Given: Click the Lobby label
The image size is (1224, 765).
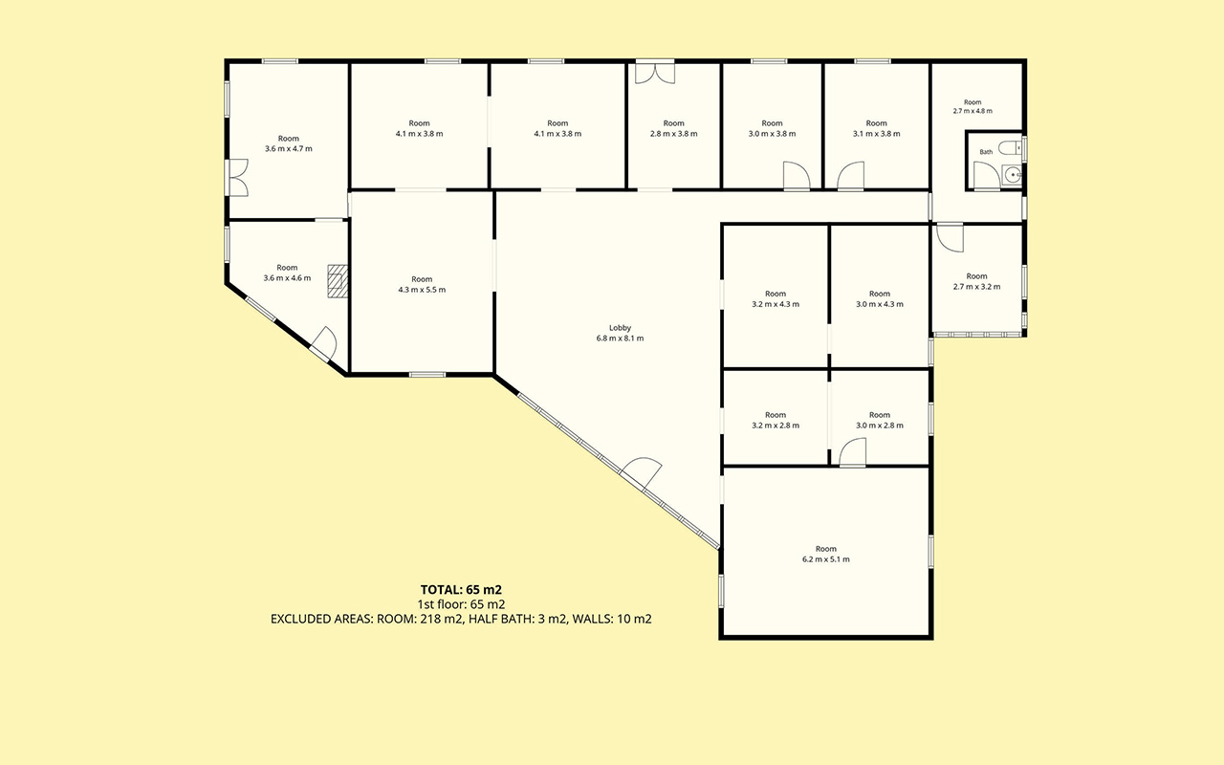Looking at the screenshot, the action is (620, 328).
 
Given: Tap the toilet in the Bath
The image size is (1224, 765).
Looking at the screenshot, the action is (1009, 147).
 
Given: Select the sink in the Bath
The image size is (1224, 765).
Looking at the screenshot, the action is (1012, 175).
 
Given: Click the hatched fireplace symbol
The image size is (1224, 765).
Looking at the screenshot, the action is (338, 281).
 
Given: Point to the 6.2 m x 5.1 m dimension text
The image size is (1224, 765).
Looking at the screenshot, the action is (825, 559).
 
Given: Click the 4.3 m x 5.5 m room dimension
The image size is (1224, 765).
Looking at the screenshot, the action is (422, 290).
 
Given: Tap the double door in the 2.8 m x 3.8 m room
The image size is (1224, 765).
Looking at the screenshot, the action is (655, 74).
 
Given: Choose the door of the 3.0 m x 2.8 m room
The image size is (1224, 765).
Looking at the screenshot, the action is (852, 452).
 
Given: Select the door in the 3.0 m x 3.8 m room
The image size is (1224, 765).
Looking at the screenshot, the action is (797, 176).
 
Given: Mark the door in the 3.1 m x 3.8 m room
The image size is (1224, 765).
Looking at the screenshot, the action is (851, 176).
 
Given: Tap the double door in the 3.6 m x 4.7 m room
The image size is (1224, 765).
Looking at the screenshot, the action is (239, 178).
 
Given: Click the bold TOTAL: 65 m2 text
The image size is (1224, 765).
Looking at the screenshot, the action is (461, 590).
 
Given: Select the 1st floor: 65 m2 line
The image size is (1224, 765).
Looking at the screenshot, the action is (461, 604).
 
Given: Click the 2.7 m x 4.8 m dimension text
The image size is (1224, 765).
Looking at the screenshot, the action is (973, 111).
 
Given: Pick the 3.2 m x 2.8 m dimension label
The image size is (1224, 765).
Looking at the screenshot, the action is (776, 426).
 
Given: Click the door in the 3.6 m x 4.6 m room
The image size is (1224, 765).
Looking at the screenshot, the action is (323, 344).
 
